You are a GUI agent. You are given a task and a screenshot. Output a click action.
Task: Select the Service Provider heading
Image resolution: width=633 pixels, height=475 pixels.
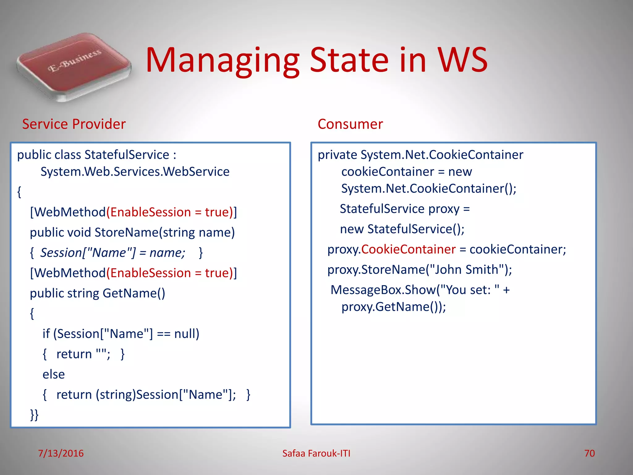coord(74,124)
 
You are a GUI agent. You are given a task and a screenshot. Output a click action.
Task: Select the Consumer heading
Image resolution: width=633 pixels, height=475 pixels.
coord(350,124)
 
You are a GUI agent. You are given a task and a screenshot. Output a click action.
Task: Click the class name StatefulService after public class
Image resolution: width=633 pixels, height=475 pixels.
coord(127,155)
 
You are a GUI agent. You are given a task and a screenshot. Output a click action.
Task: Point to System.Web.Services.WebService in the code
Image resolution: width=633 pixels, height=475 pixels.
coord(135,172)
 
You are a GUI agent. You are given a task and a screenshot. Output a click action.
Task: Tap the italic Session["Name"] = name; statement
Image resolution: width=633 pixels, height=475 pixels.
coord(113,253)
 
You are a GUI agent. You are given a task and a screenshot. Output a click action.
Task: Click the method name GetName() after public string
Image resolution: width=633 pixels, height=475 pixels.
coord(134,293)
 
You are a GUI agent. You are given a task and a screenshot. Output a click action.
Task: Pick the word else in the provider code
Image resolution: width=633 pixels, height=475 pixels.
coord(54,374)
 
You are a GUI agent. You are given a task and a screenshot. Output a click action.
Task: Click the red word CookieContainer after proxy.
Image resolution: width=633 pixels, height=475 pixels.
coord(408,249)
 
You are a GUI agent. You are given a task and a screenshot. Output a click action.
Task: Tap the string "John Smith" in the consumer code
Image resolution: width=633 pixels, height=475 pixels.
coord(466,270)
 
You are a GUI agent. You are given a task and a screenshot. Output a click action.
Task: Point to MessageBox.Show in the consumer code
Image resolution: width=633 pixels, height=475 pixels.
coord(383,290)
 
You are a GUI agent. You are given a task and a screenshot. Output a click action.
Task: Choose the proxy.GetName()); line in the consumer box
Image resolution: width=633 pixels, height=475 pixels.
coord(393,307)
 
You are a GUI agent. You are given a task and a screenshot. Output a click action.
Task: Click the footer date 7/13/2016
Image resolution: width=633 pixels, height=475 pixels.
coord(61,453)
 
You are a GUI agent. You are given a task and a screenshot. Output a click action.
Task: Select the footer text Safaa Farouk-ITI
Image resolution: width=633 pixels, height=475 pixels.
coord(316,453)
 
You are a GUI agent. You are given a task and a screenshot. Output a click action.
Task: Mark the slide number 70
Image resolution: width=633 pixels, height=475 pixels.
coord(589,453)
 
